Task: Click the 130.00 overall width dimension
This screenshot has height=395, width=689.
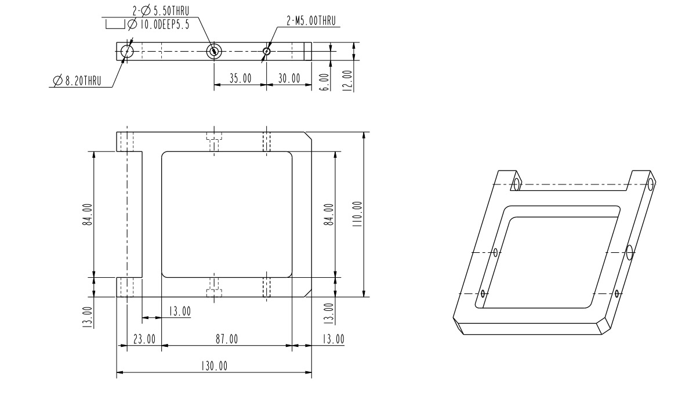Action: (x=215, y=366)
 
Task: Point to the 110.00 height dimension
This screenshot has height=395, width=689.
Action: (x=356, y=215)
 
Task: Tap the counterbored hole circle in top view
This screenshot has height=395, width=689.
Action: (x=214, y=51)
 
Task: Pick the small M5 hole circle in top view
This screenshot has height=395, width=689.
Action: (x=266, y=51)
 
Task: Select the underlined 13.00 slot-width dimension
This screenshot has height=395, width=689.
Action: (x=180, y=311)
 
